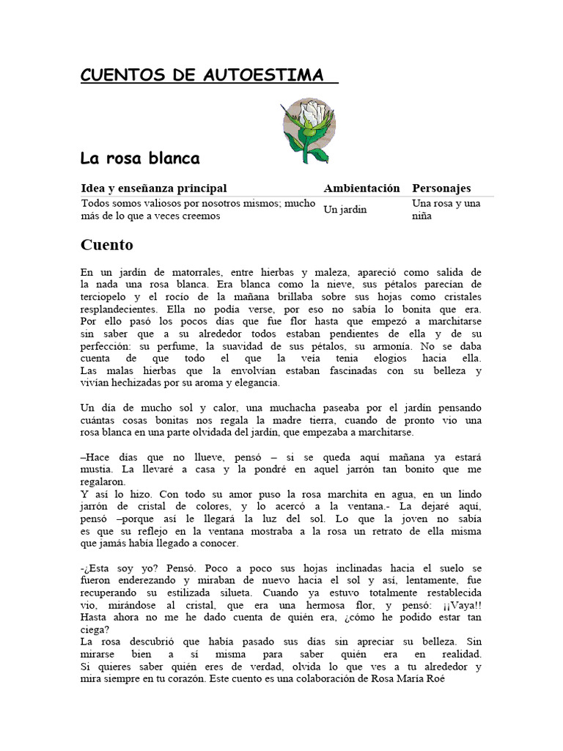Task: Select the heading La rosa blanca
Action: pyautogui.click(x=139, y=158)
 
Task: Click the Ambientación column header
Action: pyautogui.click(x=362, y=188)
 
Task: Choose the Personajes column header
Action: pyautogui.click(x=441, y=188)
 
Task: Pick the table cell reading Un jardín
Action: pyautogui.click(x=345, y=210)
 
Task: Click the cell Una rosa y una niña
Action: pyautogui.click(x=446, y=210)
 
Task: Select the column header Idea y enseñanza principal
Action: pyautogui.click(x=154, y=188)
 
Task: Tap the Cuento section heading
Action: pyautogui.click(x=107, y=244)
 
